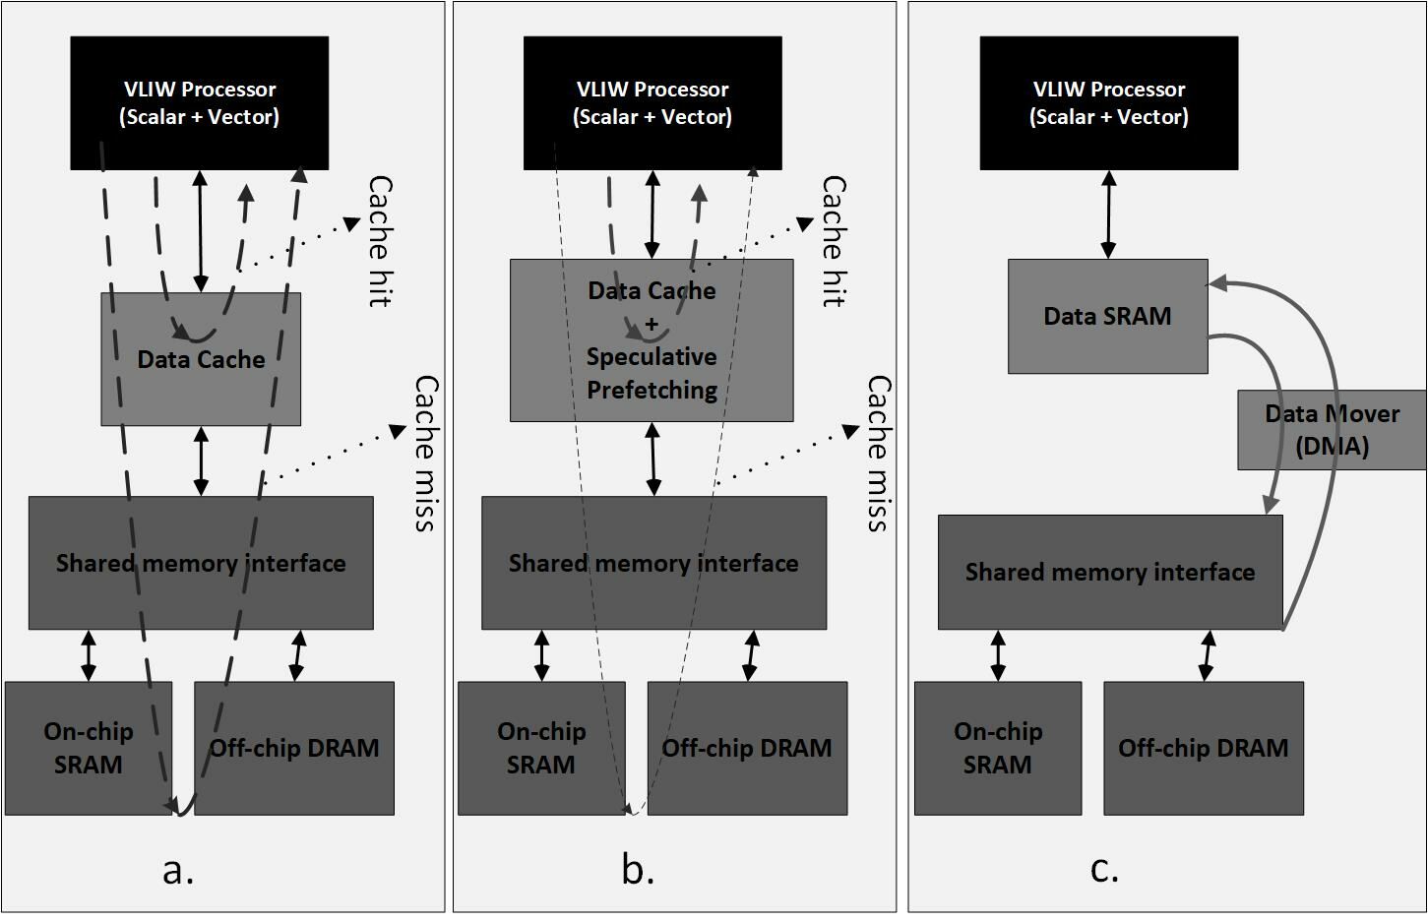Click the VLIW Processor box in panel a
[199, 103]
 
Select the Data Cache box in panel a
[201, 359]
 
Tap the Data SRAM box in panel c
[1107, 316]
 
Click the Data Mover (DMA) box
[1332, 429]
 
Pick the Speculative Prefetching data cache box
[652, 340]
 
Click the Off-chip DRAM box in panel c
[1203, 748]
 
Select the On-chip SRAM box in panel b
[541, 748]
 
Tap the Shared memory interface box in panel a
[201, 563]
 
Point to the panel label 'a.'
[178, 870]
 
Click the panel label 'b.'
[638, 870]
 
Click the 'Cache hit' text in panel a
[380, 241]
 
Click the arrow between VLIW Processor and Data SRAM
[1108, 215]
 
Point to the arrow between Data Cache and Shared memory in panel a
[201, 460]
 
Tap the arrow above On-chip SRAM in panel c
[998, 655]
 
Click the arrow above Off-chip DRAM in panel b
[751, 655]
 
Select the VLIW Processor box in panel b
[652, 103]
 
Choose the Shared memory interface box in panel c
[1110, 572]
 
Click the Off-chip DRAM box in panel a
[294, 748]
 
